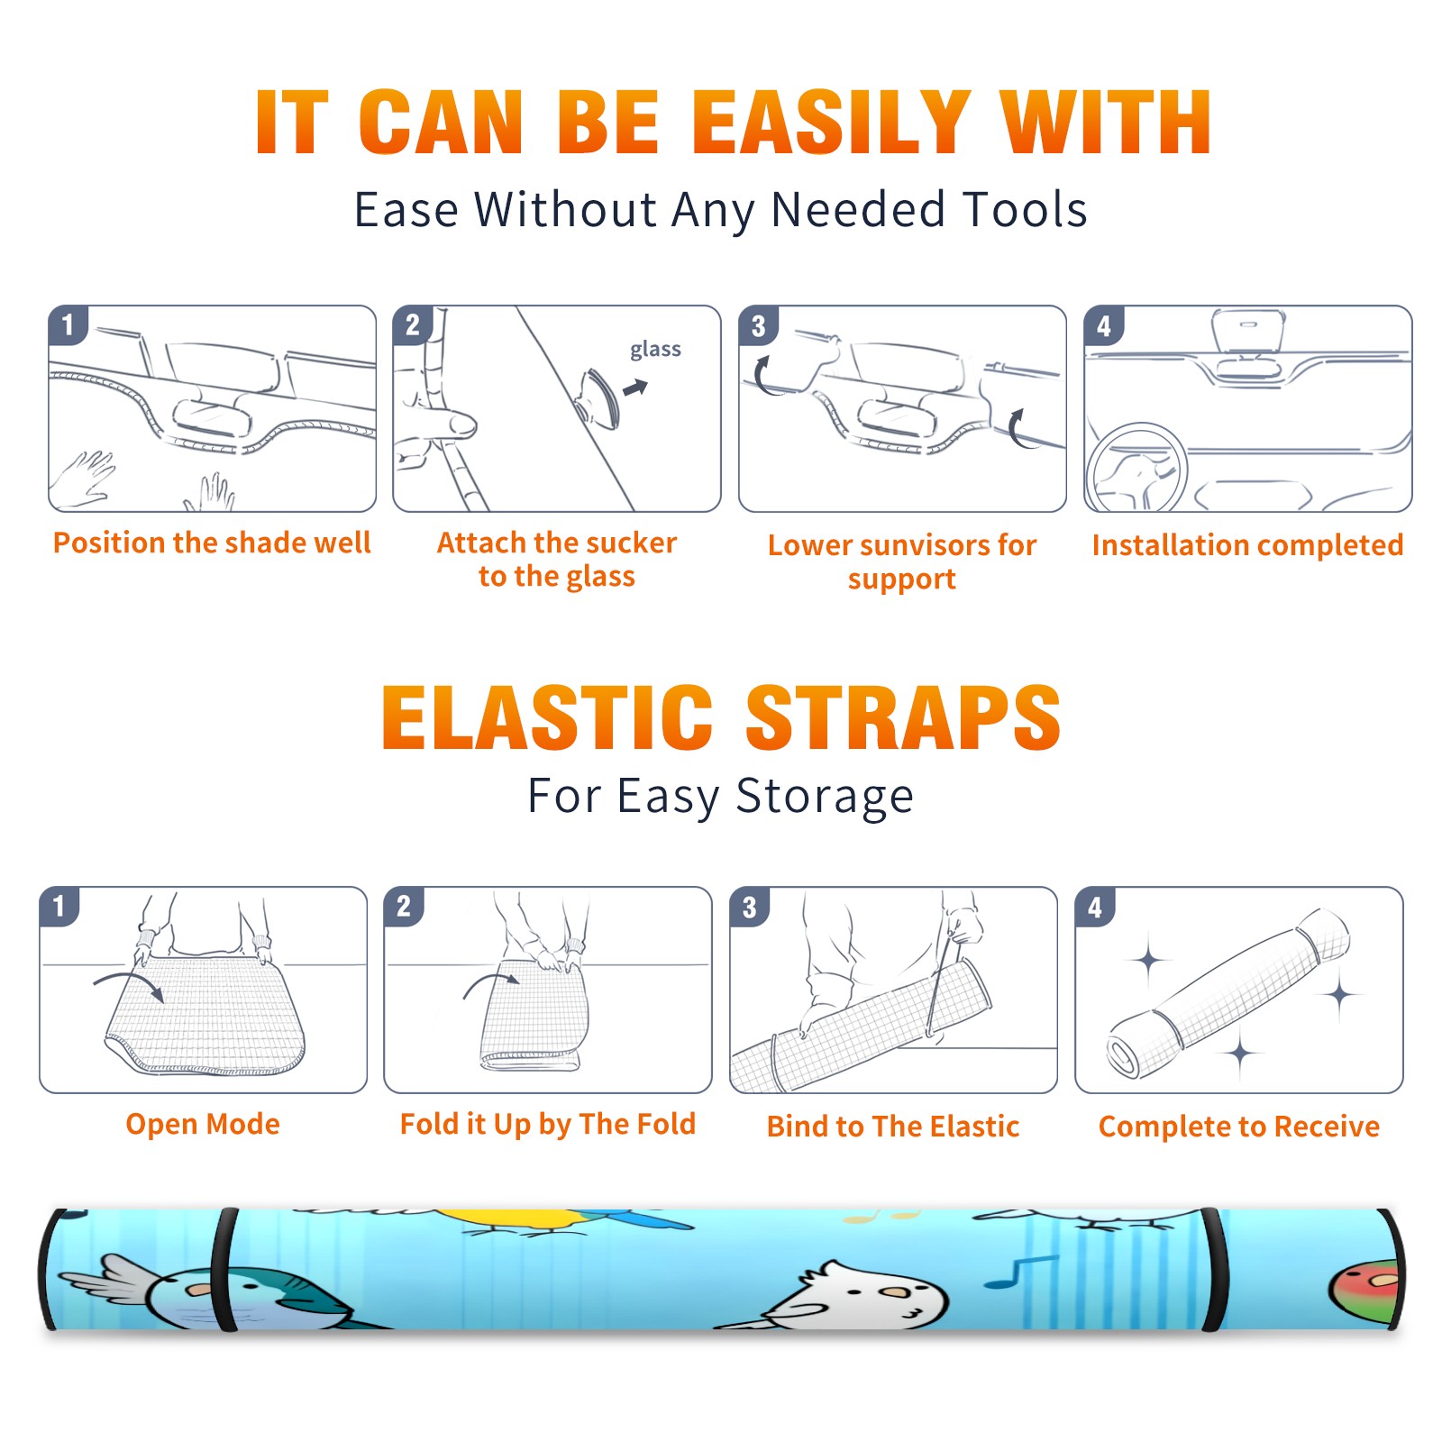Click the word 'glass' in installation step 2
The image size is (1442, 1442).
click(x=655, y=350)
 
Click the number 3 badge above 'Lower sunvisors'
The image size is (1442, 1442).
click(x=758, y=325)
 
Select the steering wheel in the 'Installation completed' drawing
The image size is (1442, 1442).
click(x=1136, y=468)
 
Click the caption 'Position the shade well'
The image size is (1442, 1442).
click(x=212, y=543)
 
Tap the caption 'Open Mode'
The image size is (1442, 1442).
click(x=203, y=1124)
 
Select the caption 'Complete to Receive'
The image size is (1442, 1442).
click(x=1239, y=1127)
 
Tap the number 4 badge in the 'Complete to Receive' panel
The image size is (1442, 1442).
click(x=1095, y=907)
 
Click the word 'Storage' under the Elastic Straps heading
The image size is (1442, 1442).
click(x=825, y=797)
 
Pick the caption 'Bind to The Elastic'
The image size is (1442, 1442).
click(x=893, y=1127)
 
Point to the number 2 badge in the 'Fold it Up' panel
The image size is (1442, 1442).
click(x=404, y=907)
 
